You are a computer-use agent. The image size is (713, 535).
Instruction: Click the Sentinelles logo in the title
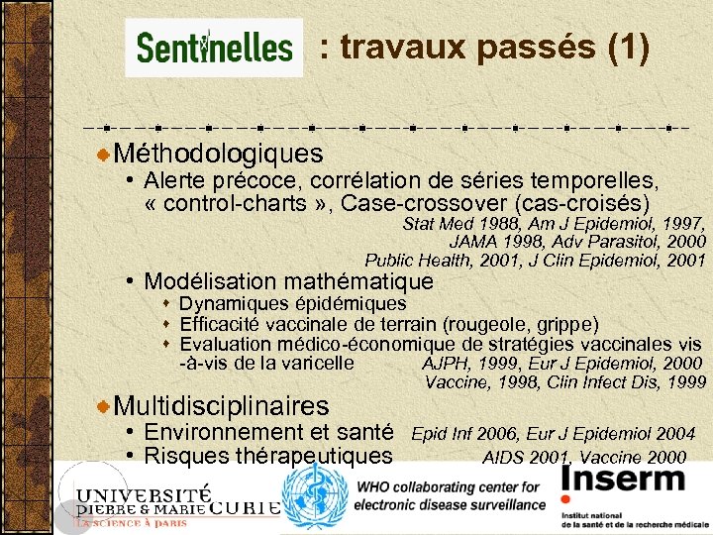point(214,47)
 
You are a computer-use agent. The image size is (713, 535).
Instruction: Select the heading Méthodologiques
point(218,154)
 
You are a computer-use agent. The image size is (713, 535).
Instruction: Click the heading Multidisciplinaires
point(221,405)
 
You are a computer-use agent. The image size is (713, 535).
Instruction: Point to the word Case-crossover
point(473,204)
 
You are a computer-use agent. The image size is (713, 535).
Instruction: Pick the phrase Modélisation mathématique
point(288,281)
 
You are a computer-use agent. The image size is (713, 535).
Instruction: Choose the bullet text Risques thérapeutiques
point(267,456)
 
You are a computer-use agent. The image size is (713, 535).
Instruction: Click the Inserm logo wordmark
point(623,481)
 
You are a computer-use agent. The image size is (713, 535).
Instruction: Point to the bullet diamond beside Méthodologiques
point(105,155)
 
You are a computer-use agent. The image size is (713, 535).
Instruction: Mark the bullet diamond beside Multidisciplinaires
point(105,406)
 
